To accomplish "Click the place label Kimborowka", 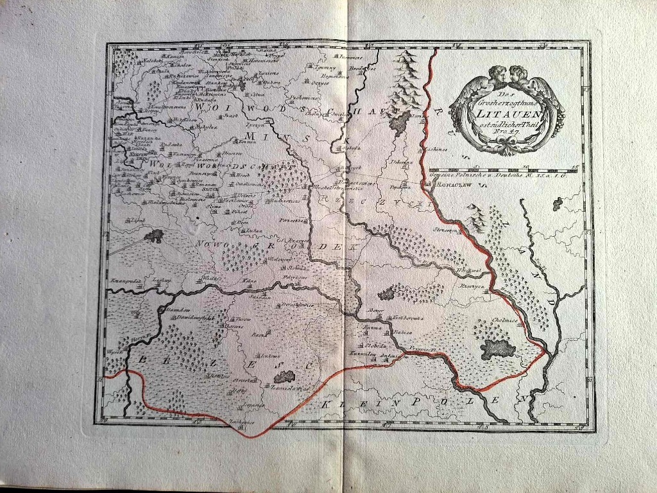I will [x=407, y=317].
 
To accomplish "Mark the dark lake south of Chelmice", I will [x=497, y=349].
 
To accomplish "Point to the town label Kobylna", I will [x=187, y=128].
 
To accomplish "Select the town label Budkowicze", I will [x=282, y=202].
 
